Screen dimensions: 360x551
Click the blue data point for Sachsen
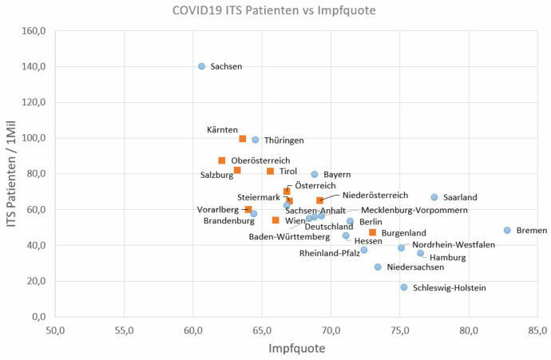201,66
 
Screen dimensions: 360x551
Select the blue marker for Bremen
507,230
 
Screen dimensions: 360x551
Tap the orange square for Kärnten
243,139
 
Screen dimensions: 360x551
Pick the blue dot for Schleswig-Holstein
404,287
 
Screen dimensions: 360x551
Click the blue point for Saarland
434,197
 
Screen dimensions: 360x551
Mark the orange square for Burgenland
372,232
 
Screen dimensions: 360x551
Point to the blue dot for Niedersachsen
378,267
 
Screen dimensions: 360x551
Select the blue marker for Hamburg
420,253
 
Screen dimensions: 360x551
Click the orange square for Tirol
270,172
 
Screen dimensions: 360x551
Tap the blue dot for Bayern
315,174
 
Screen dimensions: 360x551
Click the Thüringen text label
283,140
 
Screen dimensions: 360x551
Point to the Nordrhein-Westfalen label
453,245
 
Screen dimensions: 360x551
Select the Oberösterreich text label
260,160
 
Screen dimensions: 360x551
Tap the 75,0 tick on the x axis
399,330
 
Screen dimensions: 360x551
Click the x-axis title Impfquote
295,349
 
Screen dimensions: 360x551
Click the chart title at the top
275,11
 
